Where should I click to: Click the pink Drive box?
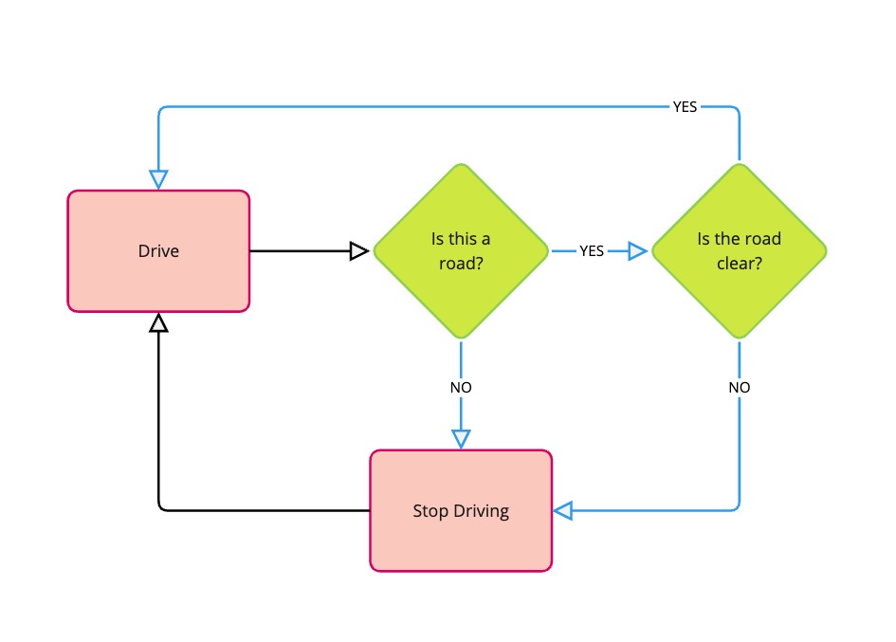click(158, 251)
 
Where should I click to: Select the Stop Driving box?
click(461, 510)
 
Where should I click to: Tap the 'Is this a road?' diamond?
click(461, 251)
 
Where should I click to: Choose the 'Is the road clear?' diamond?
click(739, 251)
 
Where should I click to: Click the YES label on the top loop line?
click(685, 107)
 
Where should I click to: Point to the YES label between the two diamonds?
click(592, 251)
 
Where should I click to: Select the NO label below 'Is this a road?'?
click(461, 388)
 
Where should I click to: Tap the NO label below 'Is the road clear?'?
click(739, 388)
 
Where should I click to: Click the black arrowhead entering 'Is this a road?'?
click(358, 251)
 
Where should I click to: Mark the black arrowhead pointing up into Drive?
click(158, 324)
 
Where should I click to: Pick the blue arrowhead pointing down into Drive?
click(158, 178)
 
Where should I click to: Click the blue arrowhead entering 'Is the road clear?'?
click(636, 251)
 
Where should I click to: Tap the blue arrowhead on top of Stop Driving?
click(461, 438)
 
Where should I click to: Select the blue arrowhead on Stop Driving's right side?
click(564, 511)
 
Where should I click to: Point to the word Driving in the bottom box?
click(479, 511)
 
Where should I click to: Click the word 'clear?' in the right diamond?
click(739, 264)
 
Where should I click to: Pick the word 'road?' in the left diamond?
click(461, 264)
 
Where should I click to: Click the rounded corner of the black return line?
click(161, 507)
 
